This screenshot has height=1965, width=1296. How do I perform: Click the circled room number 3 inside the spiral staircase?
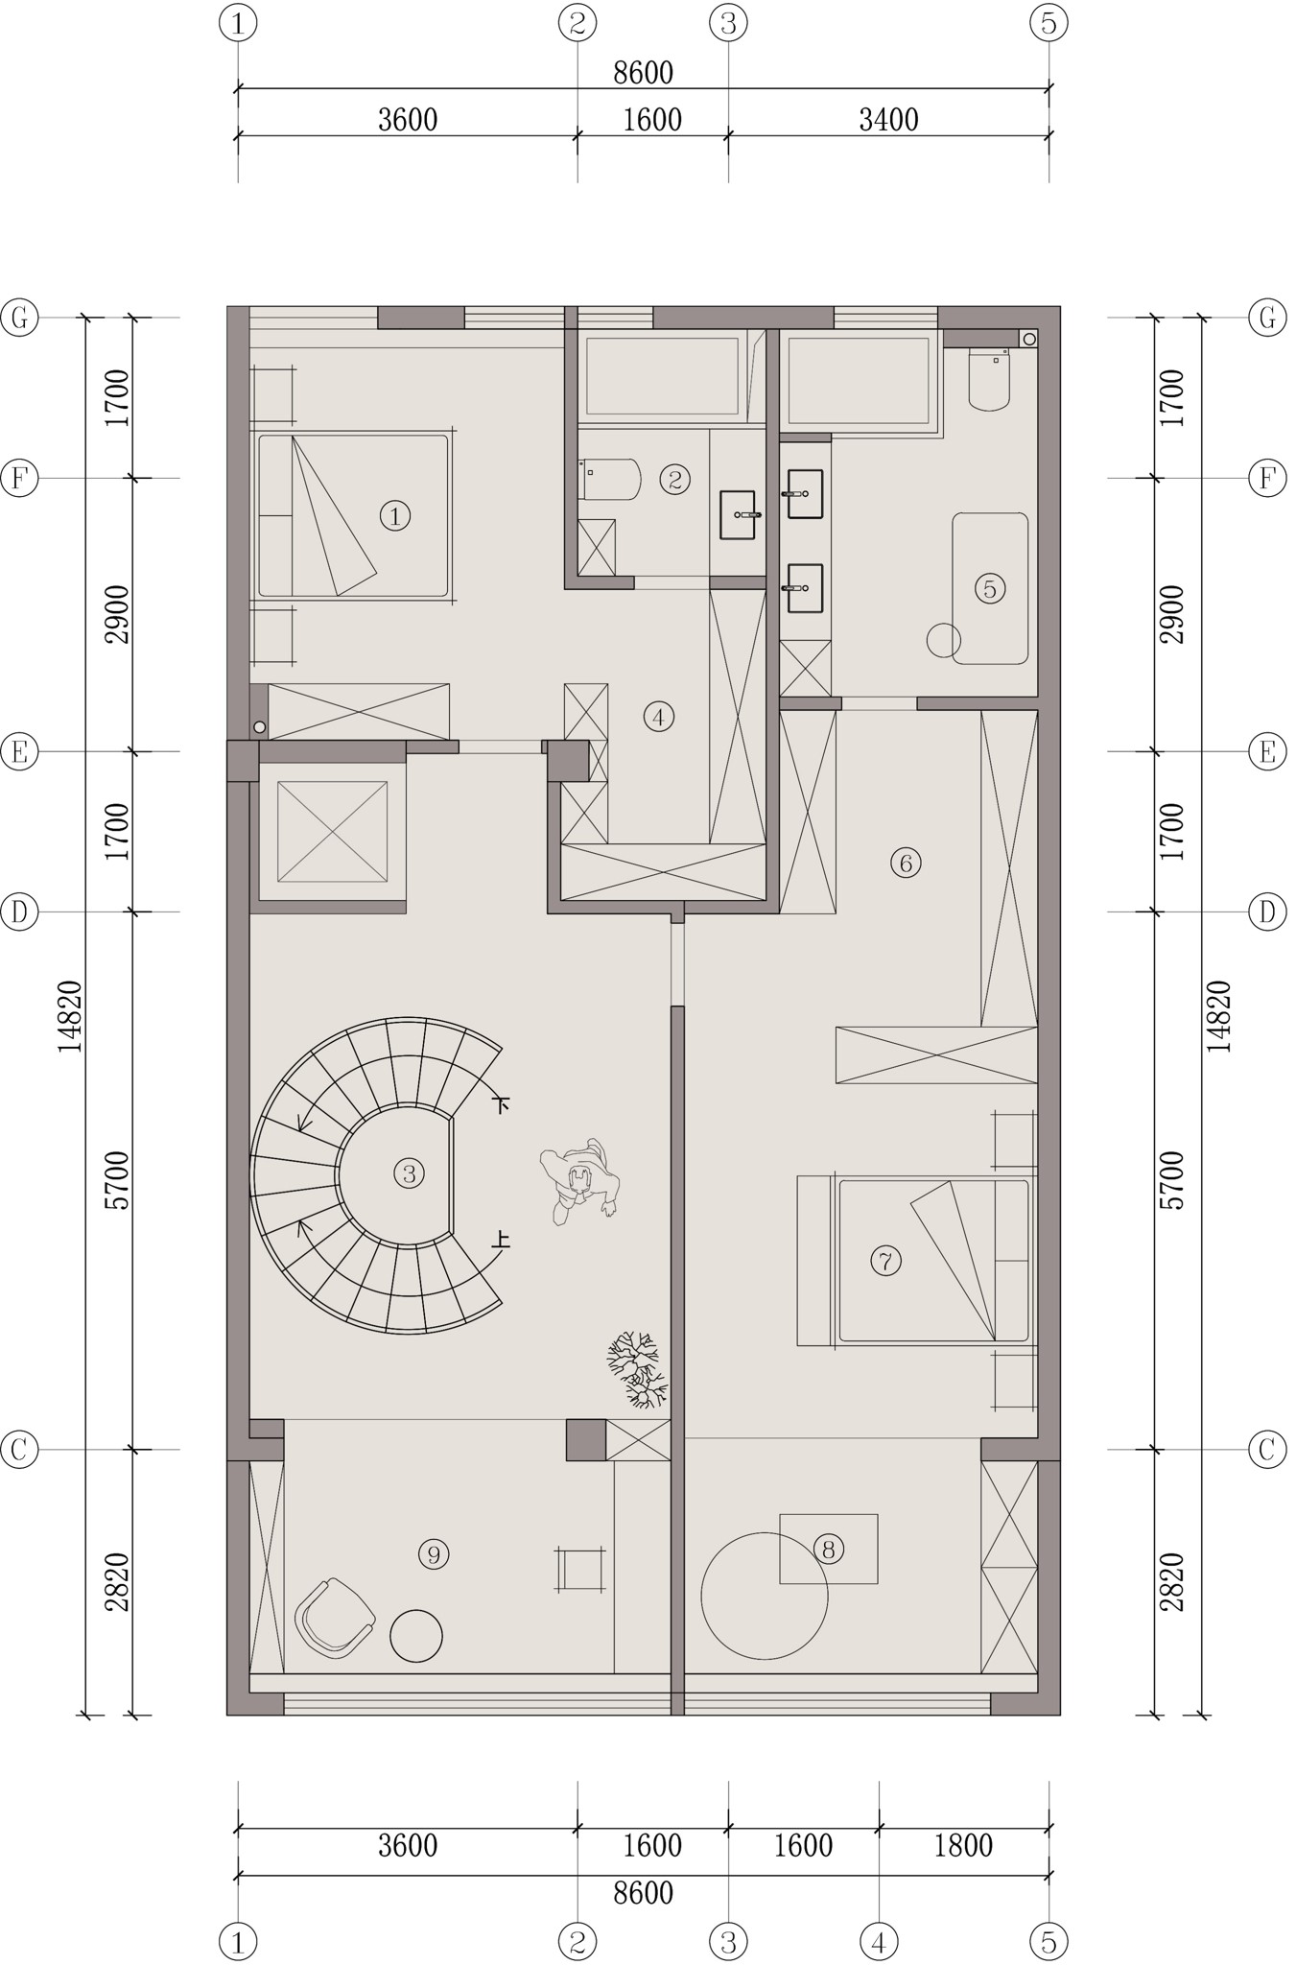(409, 1172)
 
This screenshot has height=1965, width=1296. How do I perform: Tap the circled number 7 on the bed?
(885, 1260)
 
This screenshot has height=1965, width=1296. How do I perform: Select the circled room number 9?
(434, 1553)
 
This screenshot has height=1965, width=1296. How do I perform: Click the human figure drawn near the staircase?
(579, 1182)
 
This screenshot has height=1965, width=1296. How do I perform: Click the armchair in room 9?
(334, 1618)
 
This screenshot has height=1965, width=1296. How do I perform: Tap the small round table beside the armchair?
(416, 1635)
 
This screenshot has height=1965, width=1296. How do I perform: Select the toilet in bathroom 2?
(610, 479)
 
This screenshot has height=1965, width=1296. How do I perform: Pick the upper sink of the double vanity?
(804, 493)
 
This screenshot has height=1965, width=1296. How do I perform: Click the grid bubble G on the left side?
(19, 317)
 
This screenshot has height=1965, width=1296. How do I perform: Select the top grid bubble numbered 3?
(728, 22)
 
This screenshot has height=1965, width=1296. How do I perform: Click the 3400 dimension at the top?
(888, 120)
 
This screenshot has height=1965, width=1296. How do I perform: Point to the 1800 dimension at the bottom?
(963, 1845)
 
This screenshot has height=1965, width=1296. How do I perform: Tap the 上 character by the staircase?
(500, 1240)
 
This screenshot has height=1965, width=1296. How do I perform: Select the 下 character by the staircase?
(500, 1103)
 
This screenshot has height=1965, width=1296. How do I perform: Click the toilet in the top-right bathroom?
(989, 379)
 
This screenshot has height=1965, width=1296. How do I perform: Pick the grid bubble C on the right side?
(1267, 1449)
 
